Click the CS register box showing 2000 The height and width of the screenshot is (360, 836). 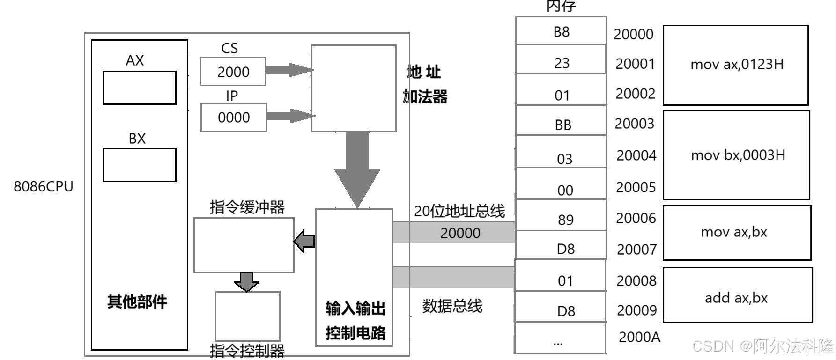click(x=233, y=72)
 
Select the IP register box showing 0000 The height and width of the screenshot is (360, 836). click(x=234, y=118)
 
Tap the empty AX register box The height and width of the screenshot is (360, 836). click(x=139, y=88)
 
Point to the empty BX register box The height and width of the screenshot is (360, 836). click(x=139, y=165)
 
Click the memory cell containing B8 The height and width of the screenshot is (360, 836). click(x=561, y=31)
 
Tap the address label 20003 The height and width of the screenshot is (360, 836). click(x=634, y=124)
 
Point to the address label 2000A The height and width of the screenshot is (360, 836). click(x=639, y=337)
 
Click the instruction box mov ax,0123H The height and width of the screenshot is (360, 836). click(x=736, y=65)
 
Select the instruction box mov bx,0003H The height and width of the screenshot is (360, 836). click(x=737, y=155)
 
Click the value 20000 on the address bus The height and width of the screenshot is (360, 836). click(x=460, y=233)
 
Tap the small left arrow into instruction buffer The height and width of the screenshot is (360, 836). click(x=304, y=241)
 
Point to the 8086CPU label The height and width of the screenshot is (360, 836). click(x=44, y=187)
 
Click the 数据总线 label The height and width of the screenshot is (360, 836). click(x=452, y=306)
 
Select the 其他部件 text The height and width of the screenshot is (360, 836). click(x=137, y=302)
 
